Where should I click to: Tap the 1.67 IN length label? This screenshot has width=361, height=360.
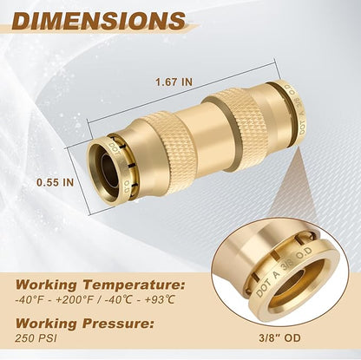click(x=175, y=82)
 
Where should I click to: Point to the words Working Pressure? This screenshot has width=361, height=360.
click(x=94, y=324)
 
